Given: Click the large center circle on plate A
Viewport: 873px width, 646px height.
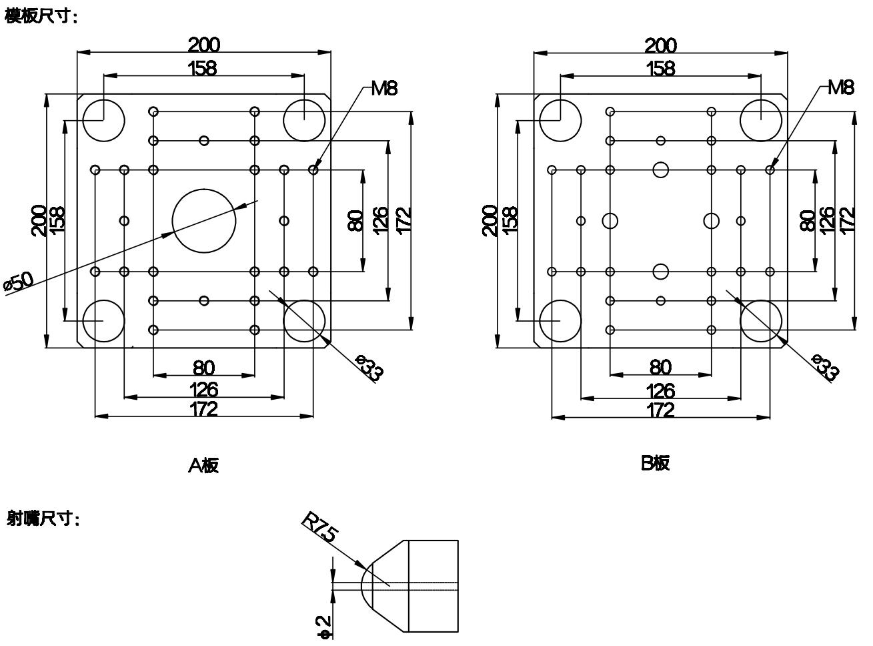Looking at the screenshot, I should [204, 220].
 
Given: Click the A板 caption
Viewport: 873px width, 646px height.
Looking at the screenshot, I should [203, 465].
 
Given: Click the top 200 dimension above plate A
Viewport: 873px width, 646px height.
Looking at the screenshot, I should [203, 45].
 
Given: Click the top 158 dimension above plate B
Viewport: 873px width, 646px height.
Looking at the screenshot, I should [660, 68].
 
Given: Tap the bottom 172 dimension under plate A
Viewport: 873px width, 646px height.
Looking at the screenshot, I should [203, 408].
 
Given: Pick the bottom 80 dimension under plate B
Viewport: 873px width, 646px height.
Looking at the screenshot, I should [660, 367].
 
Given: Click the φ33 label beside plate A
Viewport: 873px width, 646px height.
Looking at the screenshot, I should [371, 368].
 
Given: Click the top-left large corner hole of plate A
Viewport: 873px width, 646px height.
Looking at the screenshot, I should [104, 120].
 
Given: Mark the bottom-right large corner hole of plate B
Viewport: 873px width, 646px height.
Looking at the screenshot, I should [761, 320].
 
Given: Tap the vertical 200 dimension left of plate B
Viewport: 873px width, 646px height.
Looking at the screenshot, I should [490, 220].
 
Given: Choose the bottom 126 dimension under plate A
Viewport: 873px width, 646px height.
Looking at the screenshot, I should [203, 388].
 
